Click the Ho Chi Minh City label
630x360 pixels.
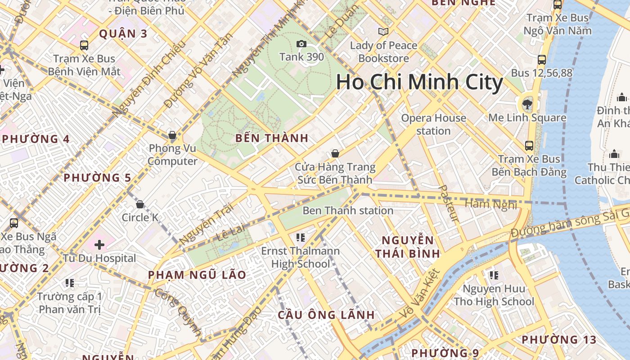[x=419, y=83]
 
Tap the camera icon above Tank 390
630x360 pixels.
[x=301, y=44]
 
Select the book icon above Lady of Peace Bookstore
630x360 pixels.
[x=383, y=32]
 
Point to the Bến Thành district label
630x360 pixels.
[x=272, y=139]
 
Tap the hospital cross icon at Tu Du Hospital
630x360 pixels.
[x=99, y=245]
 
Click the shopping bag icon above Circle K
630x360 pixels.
[x=140, y=205]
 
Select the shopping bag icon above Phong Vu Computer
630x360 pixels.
[x=172, y=135]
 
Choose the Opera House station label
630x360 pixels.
[x=433, y=124]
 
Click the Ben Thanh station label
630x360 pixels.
[x=348, y=210]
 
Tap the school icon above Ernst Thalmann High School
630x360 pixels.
[x=301, y=237]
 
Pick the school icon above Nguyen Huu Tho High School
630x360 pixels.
[x=494, y=275]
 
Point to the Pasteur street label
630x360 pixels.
[x=449, y=203]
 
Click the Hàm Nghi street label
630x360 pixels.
[x=491, y=205]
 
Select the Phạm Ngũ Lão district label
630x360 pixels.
[x=197, y=275]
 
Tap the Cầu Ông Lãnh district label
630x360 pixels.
[x=326, y=315]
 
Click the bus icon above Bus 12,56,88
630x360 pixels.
[x=542, y=59]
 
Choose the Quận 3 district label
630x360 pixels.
[x=123, y=34]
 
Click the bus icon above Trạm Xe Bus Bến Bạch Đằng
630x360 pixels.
[x=529, y=146]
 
